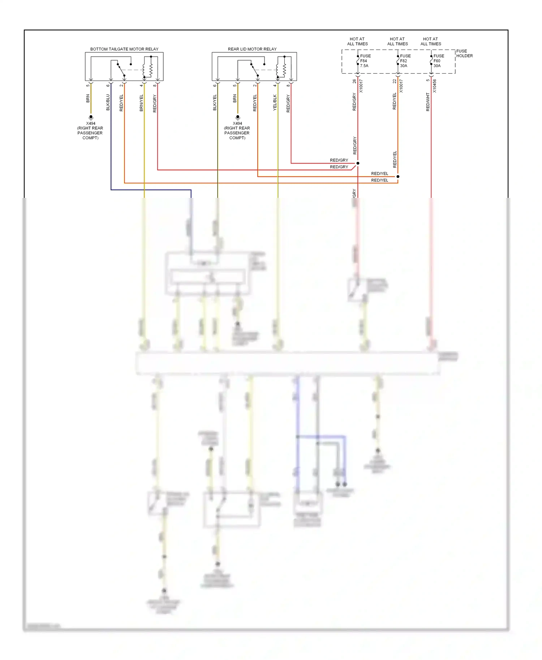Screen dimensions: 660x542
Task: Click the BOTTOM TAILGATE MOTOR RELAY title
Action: coord(124,49)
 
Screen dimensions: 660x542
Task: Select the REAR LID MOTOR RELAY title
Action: coord(252,49)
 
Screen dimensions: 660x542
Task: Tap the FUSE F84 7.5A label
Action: coord(365,61)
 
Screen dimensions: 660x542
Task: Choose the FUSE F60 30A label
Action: coord(438,61)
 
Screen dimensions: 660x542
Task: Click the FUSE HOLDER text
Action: coord(464,53)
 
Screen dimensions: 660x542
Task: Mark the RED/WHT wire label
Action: coord(428,102)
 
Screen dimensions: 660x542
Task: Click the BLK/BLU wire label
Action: coord(108,103)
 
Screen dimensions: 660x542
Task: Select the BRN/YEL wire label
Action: coord(141,103)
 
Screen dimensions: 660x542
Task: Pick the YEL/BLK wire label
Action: coord(275,103)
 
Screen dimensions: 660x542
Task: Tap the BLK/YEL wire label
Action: coord(215,103)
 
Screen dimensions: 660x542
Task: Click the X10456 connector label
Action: coord(434,86)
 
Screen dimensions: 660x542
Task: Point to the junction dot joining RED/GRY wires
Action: coord(358,163)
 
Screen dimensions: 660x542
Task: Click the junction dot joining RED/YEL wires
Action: coord(398,177)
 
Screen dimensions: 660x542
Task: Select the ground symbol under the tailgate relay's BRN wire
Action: coord(91,117)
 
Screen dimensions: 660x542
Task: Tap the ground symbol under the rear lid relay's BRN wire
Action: coord(237,117)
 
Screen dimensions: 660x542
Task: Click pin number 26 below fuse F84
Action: coord(354,81)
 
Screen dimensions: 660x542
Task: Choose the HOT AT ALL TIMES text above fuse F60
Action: coord(430,42)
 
